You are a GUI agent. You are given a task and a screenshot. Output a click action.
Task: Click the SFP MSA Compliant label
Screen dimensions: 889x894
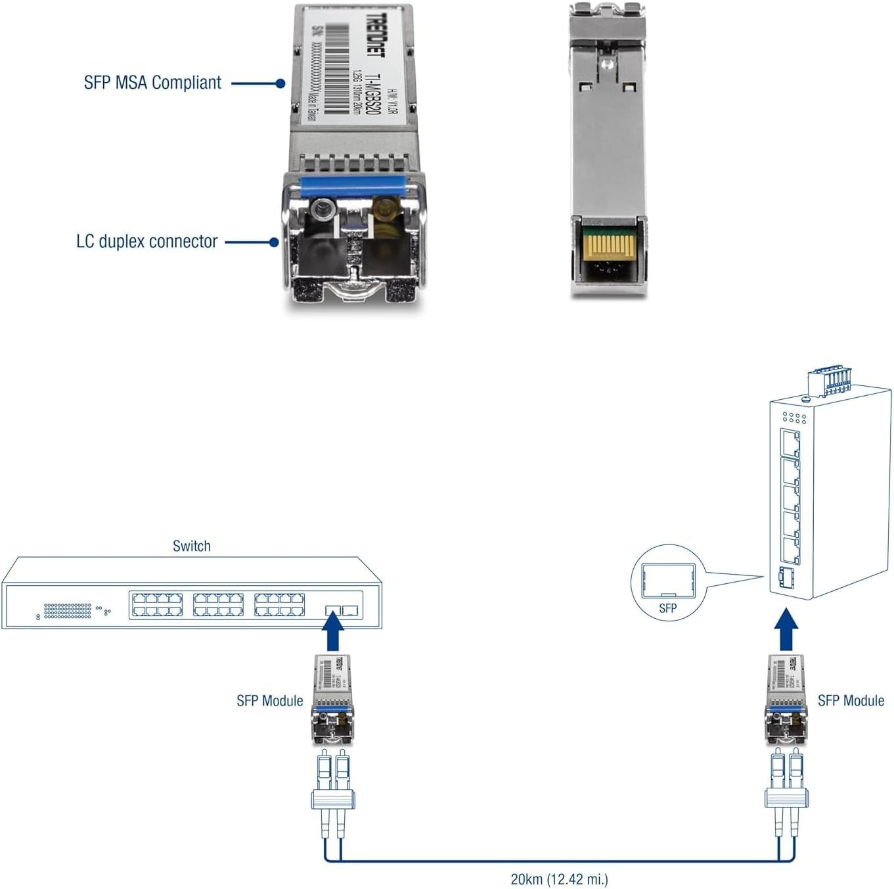coord(152,83)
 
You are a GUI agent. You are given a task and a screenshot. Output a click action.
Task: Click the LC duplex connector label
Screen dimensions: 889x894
coord(146,241)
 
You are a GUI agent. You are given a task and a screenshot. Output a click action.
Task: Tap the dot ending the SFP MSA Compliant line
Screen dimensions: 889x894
coord(280,84)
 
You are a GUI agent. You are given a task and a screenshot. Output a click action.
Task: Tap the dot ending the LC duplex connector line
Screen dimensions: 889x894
coord(274,242)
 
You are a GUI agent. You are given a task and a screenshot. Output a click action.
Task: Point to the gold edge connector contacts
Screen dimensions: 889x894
coord(610,247)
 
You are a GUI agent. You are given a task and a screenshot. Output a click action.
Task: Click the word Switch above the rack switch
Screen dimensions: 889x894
coord(191,546)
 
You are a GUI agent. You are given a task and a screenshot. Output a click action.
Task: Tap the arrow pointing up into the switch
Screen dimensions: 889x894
coord(334,631)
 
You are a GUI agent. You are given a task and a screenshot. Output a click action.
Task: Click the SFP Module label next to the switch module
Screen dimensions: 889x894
coord(269,701)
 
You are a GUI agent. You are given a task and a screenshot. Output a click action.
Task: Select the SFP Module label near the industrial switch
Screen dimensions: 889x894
coord(851,701)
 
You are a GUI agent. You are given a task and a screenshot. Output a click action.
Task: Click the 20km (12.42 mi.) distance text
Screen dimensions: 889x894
coord(559,879)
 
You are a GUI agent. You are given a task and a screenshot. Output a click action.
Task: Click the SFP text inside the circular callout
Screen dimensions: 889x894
coord(667,608)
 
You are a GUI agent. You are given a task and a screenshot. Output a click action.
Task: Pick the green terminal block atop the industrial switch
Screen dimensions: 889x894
coord(830,381)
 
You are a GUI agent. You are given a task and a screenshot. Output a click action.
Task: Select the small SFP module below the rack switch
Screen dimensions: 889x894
coord(332,699)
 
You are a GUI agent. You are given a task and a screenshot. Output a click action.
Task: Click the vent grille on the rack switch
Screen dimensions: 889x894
coord(68,611)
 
